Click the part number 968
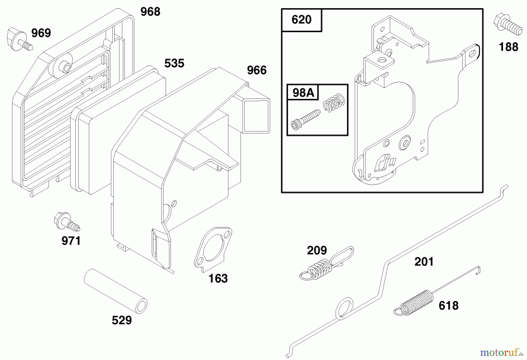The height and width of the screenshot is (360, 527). [x=150, y=12]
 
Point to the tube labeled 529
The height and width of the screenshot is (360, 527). [x=116, y=291]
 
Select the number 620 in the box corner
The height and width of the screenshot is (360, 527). [x=301, y=20]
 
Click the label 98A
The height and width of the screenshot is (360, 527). [x=303, y=93]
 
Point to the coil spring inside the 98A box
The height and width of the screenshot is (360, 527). [x=334, y=102]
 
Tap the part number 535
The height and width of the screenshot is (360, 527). [x=174, y=63]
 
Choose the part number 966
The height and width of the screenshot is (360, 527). [x=257, y=70]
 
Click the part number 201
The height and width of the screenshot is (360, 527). [x=424, y=262]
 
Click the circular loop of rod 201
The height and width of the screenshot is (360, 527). [x=344, y=308]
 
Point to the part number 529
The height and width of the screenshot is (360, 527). [x=122, y=320]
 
